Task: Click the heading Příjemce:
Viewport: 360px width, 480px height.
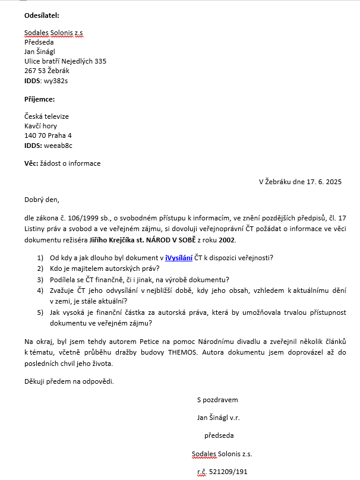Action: (x=39, y=99)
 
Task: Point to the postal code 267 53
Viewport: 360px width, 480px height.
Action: (x=34, y=71)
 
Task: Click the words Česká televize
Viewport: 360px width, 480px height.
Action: (x=46, y=116)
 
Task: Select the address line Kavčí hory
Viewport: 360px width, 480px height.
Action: (x=41, y=126)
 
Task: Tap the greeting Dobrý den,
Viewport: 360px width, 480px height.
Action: (x=42, y=200)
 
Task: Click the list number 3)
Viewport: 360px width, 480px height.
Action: (x=40, y=279)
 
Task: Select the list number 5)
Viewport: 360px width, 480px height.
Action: (x=40, y=312)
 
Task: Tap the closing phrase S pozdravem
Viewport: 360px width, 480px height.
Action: (x=217, y=400)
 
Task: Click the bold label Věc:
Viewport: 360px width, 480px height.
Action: (x=32, y=163)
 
